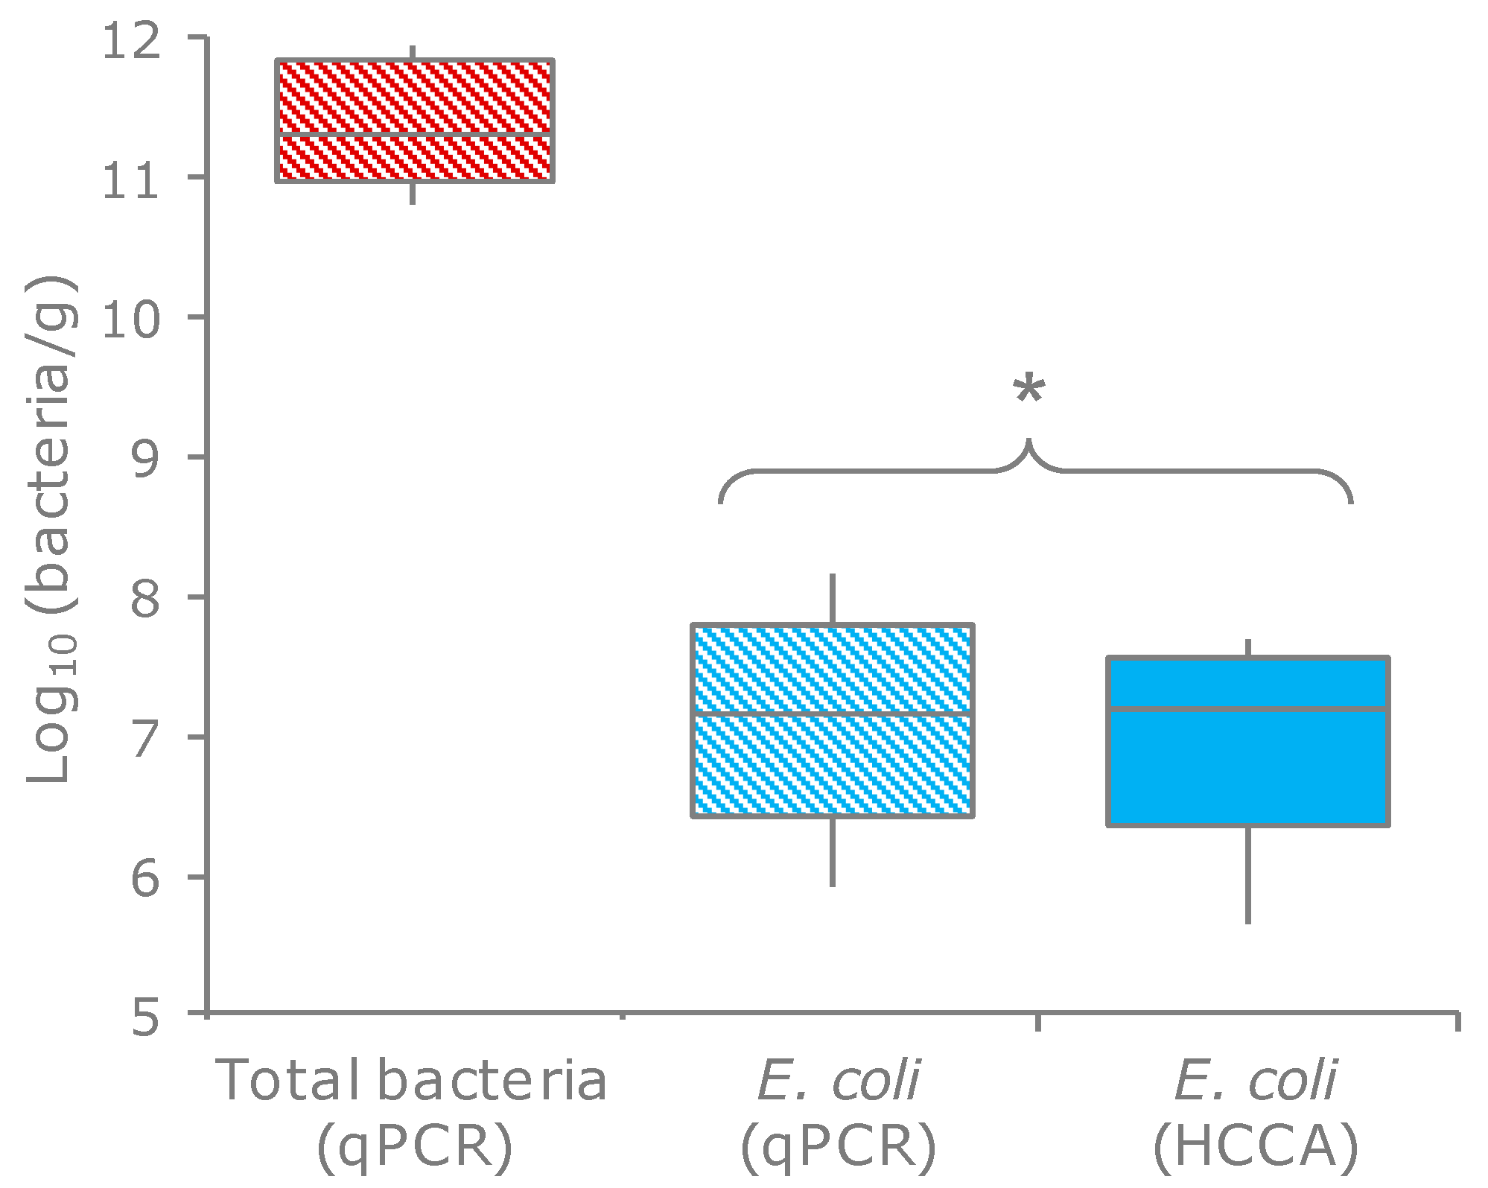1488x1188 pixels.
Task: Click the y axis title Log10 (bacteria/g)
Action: (x=52, y=529)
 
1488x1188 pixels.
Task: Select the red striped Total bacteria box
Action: (x=415, y=97)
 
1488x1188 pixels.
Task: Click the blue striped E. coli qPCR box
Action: (x=833, y=767)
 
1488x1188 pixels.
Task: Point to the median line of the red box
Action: (x=415, y=135)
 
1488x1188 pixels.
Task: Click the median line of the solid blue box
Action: (x=1248, y=708)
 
